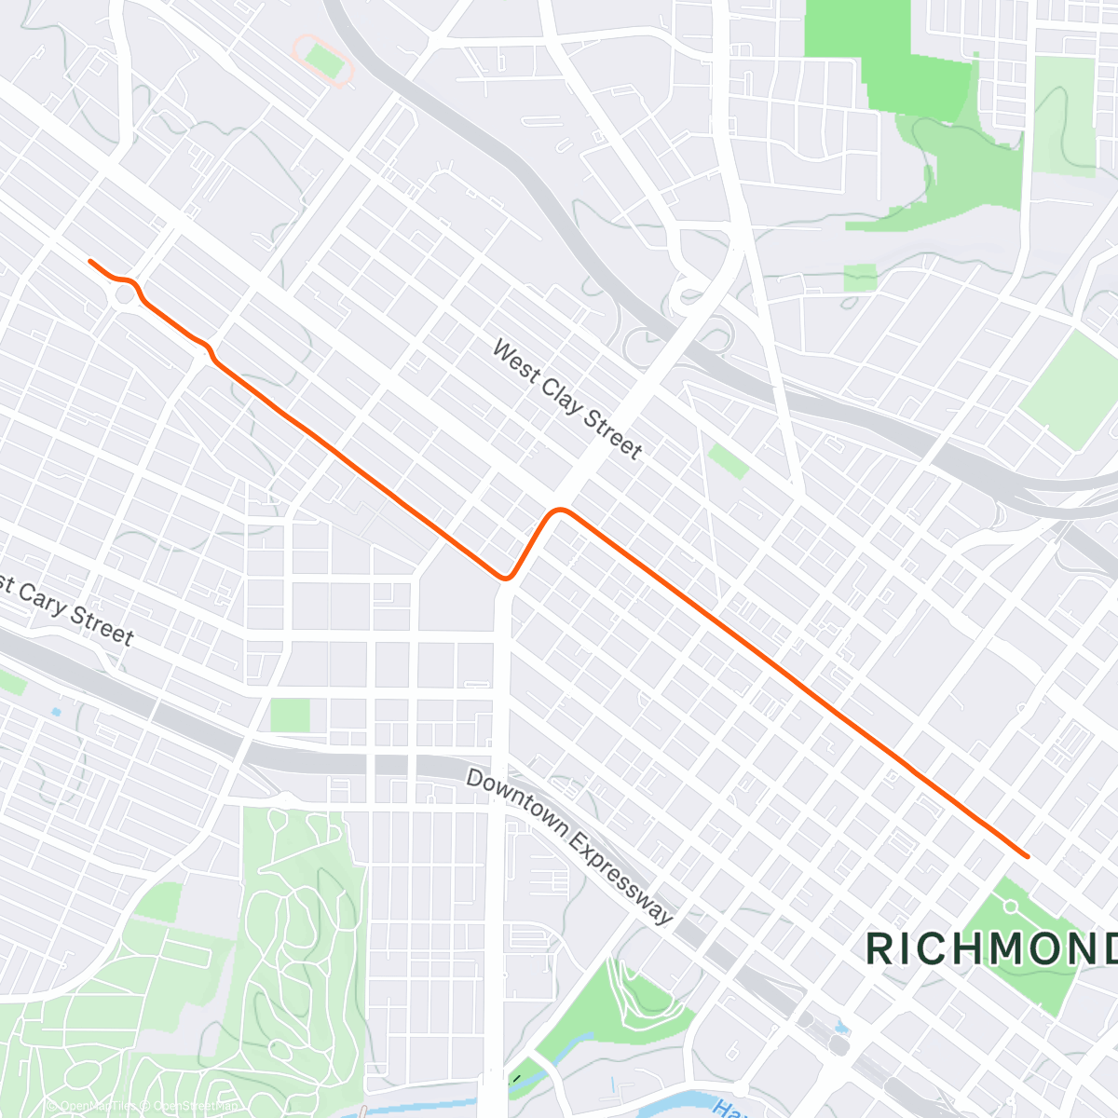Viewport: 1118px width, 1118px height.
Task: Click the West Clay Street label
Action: pos(566,400)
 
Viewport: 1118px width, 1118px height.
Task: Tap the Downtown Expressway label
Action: pos(568,847)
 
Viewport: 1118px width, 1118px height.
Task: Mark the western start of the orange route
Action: pos(90,262)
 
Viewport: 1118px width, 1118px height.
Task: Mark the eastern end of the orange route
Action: pos(1027,855)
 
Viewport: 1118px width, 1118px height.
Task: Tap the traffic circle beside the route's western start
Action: pos(125,296)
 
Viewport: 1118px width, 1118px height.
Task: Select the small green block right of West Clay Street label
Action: pos(729,461)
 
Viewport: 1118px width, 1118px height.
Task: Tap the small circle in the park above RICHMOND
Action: pos(1011,906)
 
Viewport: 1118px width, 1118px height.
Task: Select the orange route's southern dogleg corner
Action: pos(506,578)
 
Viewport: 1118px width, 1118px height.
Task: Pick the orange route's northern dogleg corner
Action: pos(559,511)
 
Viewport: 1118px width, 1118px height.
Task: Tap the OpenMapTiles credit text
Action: pos(93,1106)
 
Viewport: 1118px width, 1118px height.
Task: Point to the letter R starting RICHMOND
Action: pos(878,948)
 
